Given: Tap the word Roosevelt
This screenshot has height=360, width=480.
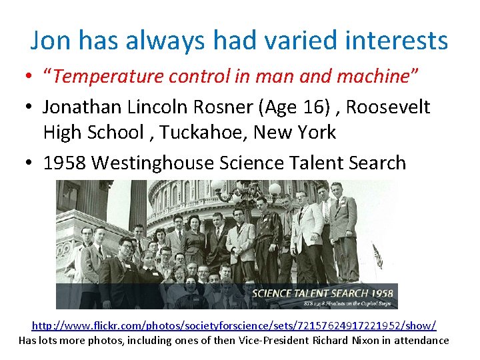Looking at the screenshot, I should pyautogui.click(x=398, y=107).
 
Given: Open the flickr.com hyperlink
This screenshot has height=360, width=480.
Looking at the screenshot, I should pyautogui.click(x=234, y=325).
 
